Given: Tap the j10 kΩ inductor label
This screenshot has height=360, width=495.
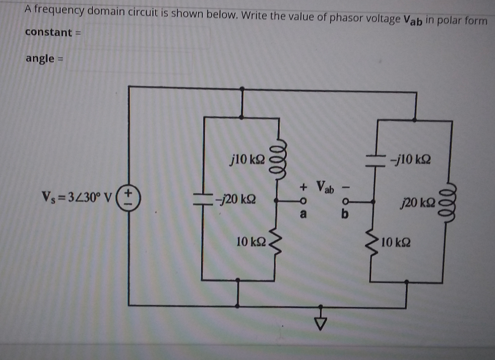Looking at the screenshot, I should point(248,158).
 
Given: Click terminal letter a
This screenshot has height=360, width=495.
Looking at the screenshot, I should point(304,214).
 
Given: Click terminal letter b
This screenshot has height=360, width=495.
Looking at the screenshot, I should point(345,214).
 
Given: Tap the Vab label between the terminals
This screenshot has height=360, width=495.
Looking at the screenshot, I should point(324,186).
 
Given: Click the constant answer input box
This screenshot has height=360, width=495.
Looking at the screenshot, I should point(147,35).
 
